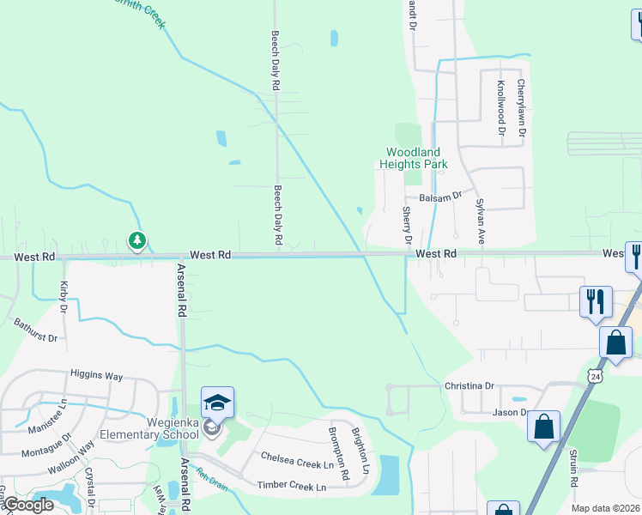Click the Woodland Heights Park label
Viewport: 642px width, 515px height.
tap(414, 158)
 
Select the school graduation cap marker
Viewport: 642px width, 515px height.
tap(218, 403)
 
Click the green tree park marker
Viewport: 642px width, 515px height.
tap(136, 241)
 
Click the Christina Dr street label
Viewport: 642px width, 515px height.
tap(469, 386)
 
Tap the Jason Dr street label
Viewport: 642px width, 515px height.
tap(510, 413)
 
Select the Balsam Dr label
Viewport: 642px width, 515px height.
tap(440, 197)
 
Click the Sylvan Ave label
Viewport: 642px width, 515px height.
tap(481, 221)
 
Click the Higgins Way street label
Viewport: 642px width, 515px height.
tap(96, 376)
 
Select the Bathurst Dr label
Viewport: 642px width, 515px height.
tap(35, 331)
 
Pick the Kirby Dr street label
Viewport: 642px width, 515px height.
tap(64, 295)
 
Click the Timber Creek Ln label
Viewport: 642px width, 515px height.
tap(292, 487)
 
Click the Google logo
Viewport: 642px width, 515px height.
tap(27, 506)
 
